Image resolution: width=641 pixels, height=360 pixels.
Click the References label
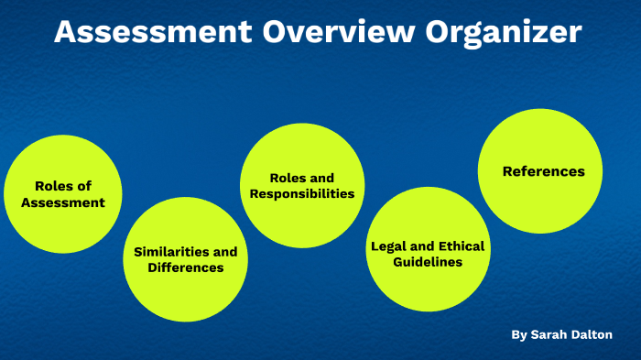pyautogui.click(x=543, y=171)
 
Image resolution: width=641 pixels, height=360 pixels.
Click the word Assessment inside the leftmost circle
pyautogui.click(x=63, y=202)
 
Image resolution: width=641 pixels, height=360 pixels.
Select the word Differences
pyautogui.click(x=186, y=268)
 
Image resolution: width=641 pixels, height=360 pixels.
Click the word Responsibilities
pyautogui.click(x=302, y=194)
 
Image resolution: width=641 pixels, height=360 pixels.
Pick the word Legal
pyautogui.click(x=389, y=246)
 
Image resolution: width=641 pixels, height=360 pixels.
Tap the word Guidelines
pyautogui.click(x=428, y=262)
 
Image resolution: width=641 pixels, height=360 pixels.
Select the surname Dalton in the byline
pyautogui.click(x=593, y=335)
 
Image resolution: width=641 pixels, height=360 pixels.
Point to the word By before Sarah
pyautogui.click(x=519, y=335)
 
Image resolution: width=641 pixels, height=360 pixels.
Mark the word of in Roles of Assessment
pyautogui.click(x=84, y=186)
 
